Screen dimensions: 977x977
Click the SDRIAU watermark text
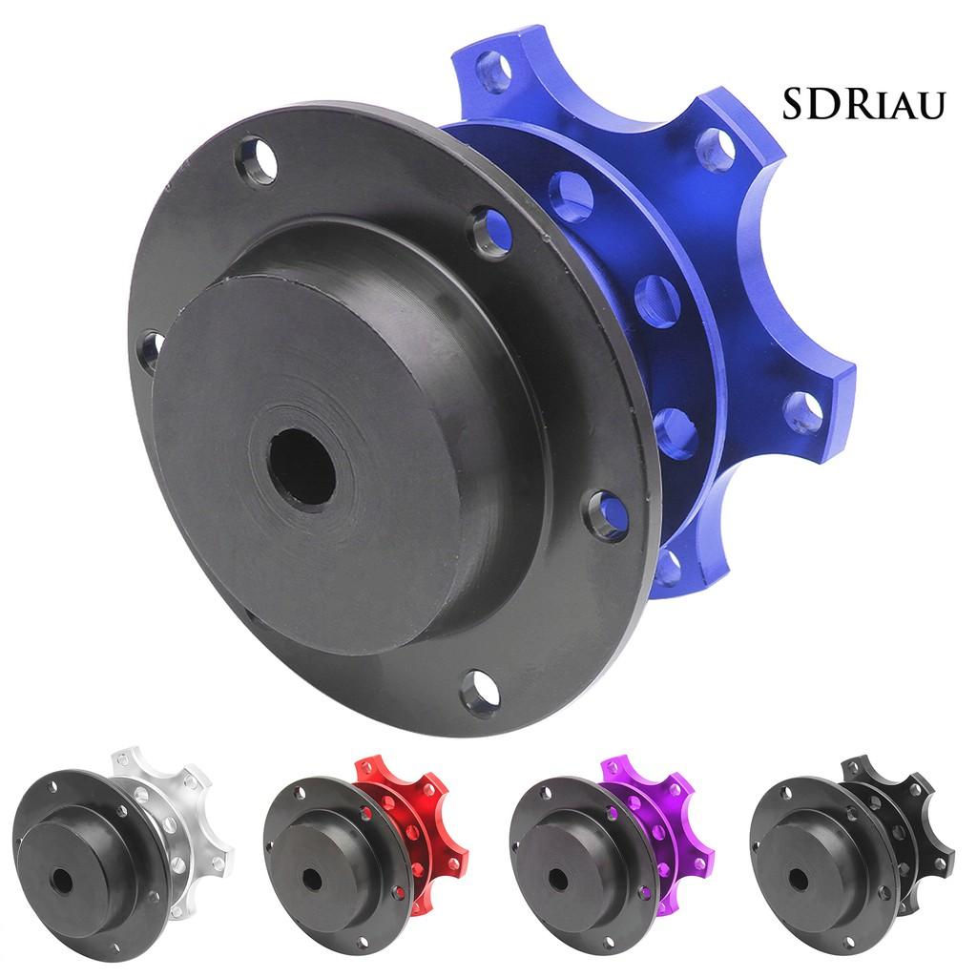[863, 104]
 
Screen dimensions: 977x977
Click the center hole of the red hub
[311, 879]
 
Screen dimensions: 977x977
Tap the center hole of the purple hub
[556, 879]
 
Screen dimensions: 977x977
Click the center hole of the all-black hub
[799, 879]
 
